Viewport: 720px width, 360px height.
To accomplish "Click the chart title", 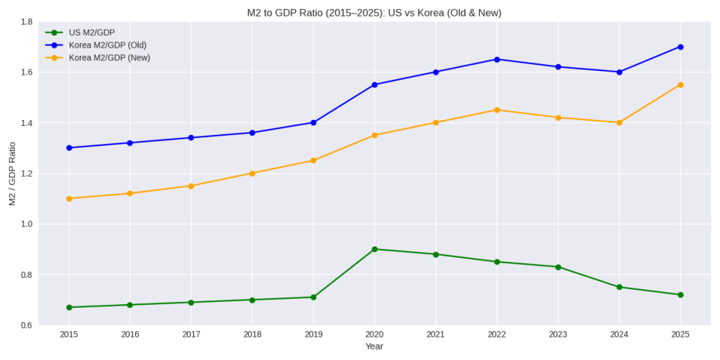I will click(374, 13).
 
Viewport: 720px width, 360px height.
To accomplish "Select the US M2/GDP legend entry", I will click(92, 33).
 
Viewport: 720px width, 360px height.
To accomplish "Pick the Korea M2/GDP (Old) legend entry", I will click(107, 45).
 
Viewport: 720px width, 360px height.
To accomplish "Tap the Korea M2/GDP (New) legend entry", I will click(110, 57).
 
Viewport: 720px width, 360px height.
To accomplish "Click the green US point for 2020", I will click(374, 249).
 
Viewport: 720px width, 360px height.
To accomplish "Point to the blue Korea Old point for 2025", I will click(680, 47).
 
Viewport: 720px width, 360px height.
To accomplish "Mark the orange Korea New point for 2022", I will click(497, 110).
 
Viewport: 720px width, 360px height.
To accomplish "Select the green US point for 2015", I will click(69, 307).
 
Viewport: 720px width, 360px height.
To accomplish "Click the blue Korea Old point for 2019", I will click(313, 122).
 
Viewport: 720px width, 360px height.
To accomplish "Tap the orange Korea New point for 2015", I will click(69, 198).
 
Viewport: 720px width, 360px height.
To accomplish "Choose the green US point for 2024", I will click(619, 287).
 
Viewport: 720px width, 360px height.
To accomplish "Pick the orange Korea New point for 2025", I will click(680, 85).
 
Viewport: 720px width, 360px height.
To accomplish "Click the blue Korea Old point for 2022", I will click(497, 60).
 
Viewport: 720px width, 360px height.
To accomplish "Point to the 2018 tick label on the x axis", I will click(252, 335).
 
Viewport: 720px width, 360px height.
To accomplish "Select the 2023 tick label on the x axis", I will click(558, 335).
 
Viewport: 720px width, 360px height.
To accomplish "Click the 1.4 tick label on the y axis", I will click(26, 123).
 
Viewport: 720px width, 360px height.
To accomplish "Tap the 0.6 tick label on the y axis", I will click(26, 326).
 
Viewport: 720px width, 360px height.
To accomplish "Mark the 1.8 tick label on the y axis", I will click(26, 22).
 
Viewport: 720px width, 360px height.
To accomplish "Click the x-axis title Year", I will click(374, 347).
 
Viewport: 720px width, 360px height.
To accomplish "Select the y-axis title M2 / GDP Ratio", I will click(12, 174).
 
